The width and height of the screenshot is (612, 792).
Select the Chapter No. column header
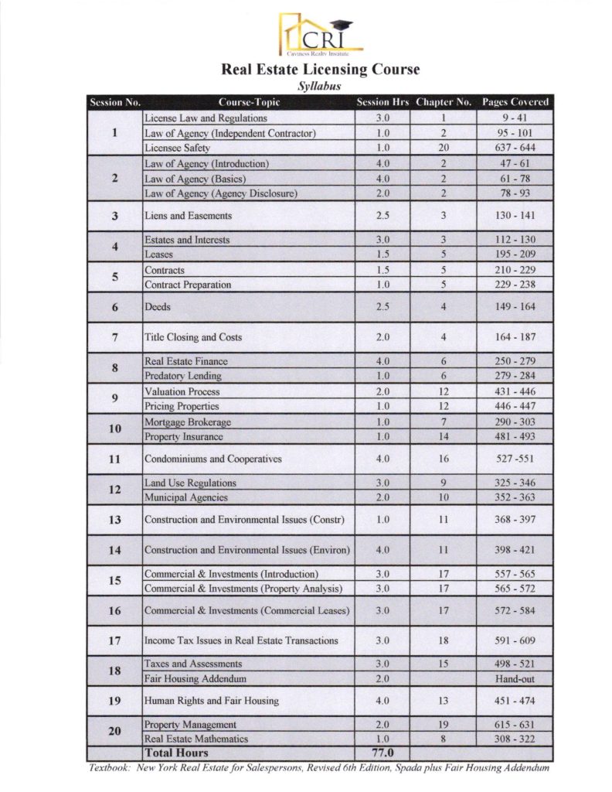tap(443, 102)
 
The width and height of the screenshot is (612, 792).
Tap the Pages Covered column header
tap(515, 102)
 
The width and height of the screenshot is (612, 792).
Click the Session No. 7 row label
tap(114, 337)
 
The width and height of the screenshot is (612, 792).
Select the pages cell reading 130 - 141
tap(515, 216)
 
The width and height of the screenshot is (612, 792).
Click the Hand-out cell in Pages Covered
tap(515, 678)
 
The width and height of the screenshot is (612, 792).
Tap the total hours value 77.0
tap(384, 753)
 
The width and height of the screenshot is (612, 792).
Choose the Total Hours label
tap(176, 753)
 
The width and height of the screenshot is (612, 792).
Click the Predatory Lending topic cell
tap(183, 376)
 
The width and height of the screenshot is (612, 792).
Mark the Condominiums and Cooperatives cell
tap(212, 459)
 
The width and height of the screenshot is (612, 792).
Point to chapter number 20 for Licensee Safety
tap(443, 148)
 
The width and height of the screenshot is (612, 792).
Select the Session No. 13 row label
tap(114, 519)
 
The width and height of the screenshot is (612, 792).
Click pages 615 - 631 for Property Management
tap(515, 724)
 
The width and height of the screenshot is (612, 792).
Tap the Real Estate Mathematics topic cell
tap(196, 739)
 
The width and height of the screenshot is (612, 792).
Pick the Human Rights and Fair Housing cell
tap(211, 701)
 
